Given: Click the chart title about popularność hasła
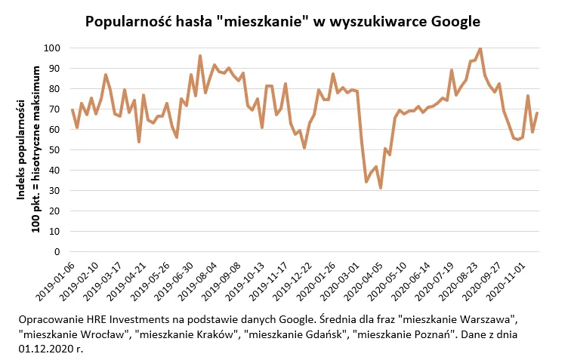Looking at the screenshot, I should point(282,21).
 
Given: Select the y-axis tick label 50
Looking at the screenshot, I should point(54,149).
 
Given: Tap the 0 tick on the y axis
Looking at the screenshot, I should point(57,251).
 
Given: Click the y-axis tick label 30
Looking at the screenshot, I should point(54,190).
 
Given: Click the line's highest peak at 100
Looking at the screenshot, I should point(480,48).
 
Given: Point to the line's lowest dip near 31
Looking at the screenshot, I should point(381,188).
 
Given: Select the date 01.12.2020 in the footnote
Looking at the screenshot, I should point(45,349).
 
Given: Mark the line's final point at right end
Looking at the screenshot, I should point(537,113).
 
